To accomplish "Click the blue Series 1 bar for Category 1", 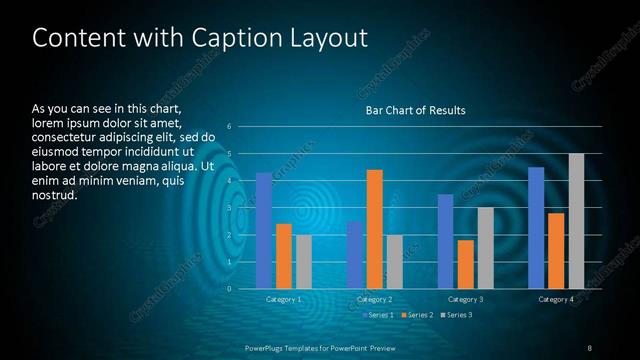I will click(x=264, y=230).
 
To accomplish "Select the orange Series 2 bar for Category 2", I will click(x=374, y=229).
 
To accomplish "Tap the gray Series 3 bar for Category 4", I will click(x=576, y=221).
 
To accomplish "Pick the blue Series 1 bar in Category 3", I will click(x=446, y=241).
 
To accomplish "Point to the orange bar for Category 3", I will click(x=465, y=264).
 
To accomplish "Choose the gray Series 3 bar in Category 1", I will click(x=303, y=262).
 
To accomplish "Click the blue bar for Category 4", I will click(x=536, y=227).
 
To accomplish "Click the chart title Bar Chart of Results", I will click(x=415, y=109).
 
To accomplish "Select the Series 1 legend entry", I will click(x=377, y=315).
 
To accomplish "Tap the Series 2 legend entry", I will click(x=416, y=315).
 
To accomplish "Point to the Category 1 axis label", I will click(x=284, y=299).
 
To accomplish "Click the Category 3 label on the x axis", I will click(x=465, y=299).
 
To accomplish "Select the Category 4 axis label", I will click(x=556, y=299).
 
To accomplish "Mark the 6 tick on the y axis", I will click(x=230, y=127).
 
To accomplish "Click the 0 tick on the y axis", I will click(x=230, y=289).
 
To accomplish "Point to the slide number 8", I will click(x=589, y=347).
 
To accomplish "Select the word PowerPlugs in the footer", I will click(x=267, y=347).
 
